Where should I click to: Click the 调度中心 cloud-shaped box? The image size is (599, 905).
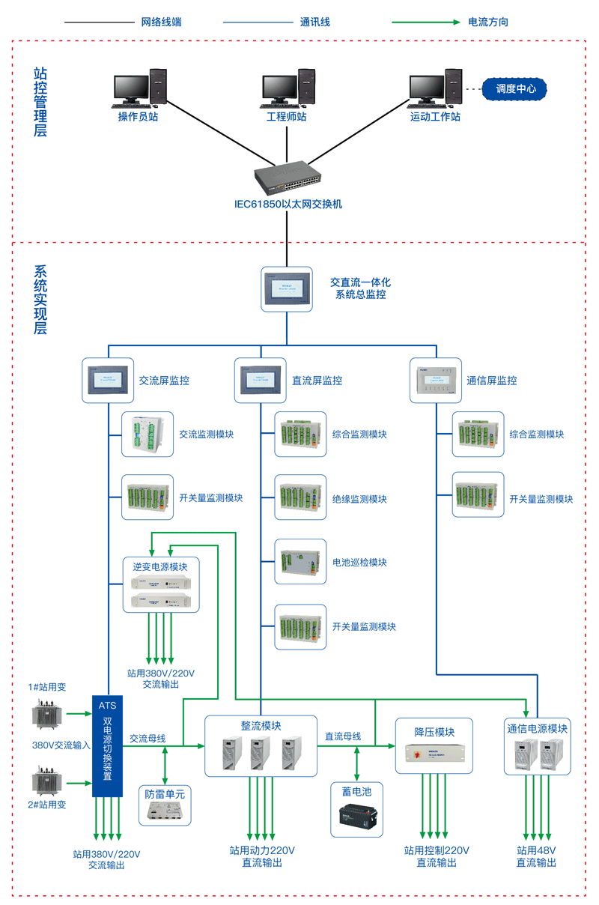516,88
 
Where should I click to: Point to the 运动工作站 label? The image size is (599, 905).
435,117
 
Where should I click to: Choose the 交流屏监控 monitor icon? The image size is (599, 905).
107,380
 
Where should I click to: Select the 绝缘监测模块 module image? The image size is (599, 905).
300,498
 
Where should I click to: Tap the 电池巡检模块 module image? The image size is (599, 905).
300,562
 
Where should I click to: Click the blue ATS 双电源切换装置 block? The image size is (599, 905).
108,746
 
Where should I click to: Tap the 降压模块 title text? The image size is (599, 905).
435,732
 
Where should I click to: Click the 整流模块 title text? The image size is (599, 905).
261,725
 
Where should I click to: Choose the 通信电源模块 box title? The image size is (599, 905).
537,728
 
